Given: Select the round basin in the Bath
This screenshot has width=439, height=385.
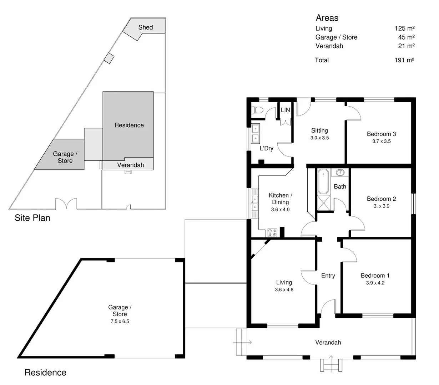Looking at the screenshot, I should point(340,173).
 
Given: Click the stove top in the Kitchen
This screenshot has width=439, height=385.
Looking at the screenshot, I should point(272,233).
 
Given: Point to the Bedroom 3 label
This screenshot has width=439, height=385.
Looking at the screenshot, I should point(381,134).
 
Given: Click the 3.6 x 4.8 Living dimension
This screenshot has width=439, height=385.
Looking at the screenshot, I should point(284,290).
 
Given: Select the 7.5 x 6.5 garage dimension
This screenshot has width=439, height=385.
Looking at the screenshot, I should point(120,321).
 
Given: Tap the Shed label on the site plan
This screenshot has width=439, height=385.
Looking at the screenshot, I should point(145,27).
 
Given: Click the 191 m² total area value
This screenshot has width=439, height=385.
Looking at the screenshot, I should point(404,60).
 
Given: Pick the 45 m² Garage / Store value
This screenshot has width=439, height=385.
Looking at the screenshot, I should point(406,37).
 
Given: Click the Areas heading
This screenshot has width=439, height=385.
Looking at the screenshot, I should point(327,18).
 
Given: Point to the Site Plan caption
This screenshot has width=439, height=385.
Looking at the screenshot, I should point(32,218).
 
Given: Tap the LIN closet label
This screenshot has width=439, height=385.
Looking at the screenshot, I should point(285,110).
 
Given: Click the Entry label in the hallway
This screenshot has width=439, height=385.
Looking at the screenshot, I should point(328,276).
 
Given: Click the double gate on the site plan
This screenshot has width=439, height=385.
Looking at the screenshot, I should point(66,204).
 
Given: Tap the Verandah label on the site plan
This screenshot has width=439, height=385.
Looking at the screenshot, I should point(130,165).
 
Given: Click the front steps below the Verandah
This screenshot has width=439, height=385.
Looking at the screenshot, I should point(331,365).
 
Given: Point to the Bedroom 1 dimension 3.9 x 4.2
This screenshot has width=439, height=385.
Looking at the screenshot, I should point(375,283).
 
